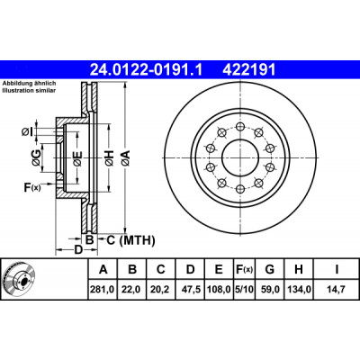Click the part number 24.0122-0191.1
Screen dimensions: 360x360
[x=147, y=70]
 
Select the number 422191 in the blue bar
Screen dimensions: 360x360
[x=248, y=70]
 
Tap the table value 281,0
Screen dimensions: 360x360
[x=103, y=289]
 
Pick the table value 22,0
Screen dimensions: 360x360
[x=132, y=289]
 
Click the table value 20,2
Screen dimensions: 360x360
[x=161, y=289]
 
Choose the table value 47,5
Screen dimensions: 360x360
[x=190, y=289]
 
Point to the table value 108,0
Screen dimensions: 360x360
[x=219, y=289]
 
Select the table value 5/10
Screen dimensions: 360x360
[x=244, y=289]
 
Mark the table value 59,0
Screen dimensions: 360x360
[x=269, y=289]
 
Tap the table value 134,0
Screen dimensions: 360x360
[x=299, y=289]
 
